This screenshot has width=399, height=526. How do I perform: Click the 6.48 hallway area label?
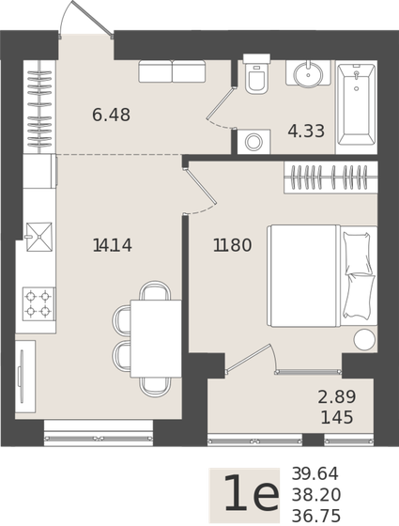coord(111,116)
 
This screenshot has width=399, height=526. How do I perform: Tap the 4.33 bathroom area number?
coord(306,131)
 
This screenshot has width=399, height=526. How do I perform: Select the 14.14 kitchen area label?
coord(113,246)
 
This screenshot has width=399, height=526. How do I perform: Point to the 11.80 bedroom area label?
coord(232,246)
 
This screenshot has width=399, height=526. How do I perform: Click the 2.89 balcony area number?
coord(336,397)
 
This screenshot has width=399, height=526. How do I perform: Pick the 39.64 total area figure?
coord(315,474)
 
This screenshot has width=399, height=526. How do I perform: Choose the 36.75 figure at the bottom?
coord(315,516)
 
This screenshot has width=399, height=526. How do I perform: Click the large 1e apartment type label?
coord(250,495)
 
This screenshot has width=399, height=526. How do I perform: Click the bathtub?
coord(356,105)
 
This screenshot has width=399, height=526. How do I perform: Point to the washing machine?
coord(253,142)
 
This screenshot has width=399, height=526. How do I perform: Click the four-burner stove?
coord(38,303)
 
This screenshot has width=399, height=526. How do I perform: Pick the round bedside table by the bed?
coord(364,339)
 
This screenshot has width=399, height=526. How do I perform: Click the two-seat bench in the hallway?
coord(172,71)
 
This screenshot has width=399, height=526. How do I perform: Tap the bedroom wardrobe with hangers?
coord(330,177)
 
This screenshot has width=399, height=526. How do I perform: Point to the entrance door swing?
coord(86,19)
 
